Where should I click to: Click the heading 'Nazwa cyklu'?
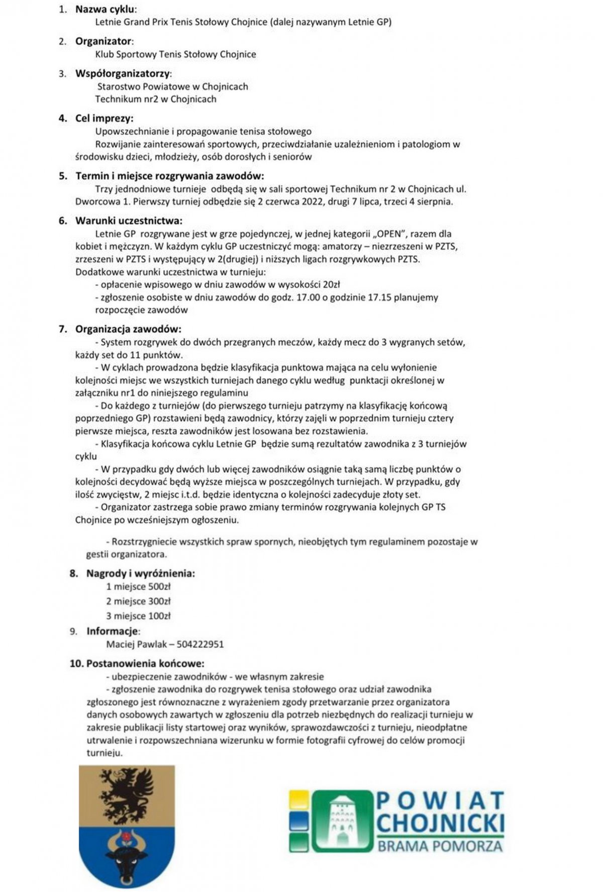click(x=106, y=9)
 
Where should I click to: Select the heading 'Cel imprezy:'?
click(x=104, y=119)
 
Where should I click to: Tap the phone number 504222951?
click(x=200, y=644)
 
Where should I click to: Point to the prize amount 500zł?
click(x=159, y=586)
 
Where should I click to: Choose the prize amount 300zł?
click(x=158, y=601)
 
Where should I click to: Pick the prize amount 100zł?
click(x=158, y=616)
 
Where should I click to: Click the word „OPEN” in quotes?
click(x=389, y=234)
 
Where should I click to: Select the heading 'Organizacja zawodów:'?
click(x=128, y=329)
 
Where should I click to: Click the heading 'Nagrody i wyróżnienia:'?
click(x=141, y=573)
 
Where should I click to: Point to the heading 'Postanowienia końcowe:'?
click(x=145, y=663)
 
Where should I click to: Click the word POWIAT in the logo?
click(x=440, y=801)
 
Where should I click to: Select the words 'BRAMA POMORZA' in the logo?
click(x=440, y=846)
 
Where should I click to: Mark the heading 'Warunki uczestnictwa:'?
click(x=129, y=221)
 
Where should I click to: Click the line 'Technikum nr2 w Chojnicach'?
click(x=156, y=100)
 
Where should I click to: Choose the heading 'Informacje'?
click(x=113, y=631)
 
